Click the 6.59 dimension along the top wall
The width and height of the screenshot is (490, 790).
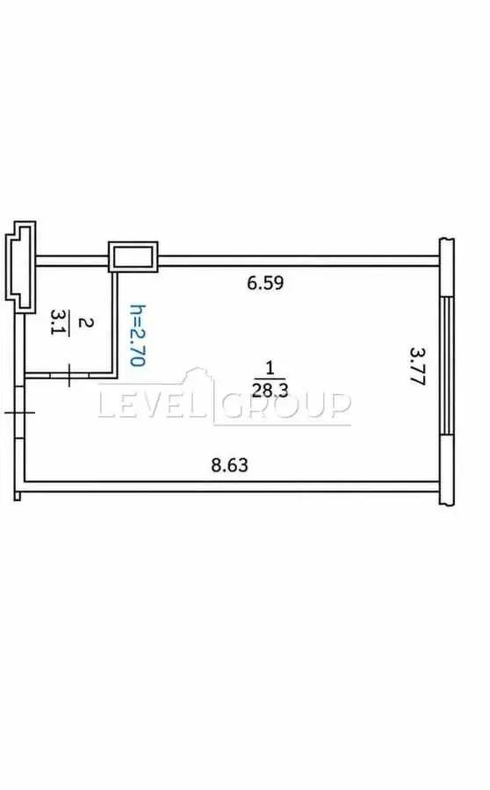[x=265, y=283]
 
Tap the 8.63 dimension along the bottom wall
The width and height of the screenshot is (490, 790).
[x=229, y=464]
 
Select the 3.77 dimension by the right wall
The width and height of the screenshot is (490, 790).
[x=418, y=366]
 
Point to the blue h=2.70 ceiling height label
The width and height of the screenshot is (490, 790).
[x=138, y=335]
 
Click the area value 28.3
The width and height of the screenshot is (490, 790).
[x=270, y=390]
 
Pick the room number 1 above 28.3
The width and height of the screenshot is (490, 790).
[x=270, y=368]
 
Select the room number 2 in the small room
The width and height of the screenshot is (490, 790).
[x=86, y=322]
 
